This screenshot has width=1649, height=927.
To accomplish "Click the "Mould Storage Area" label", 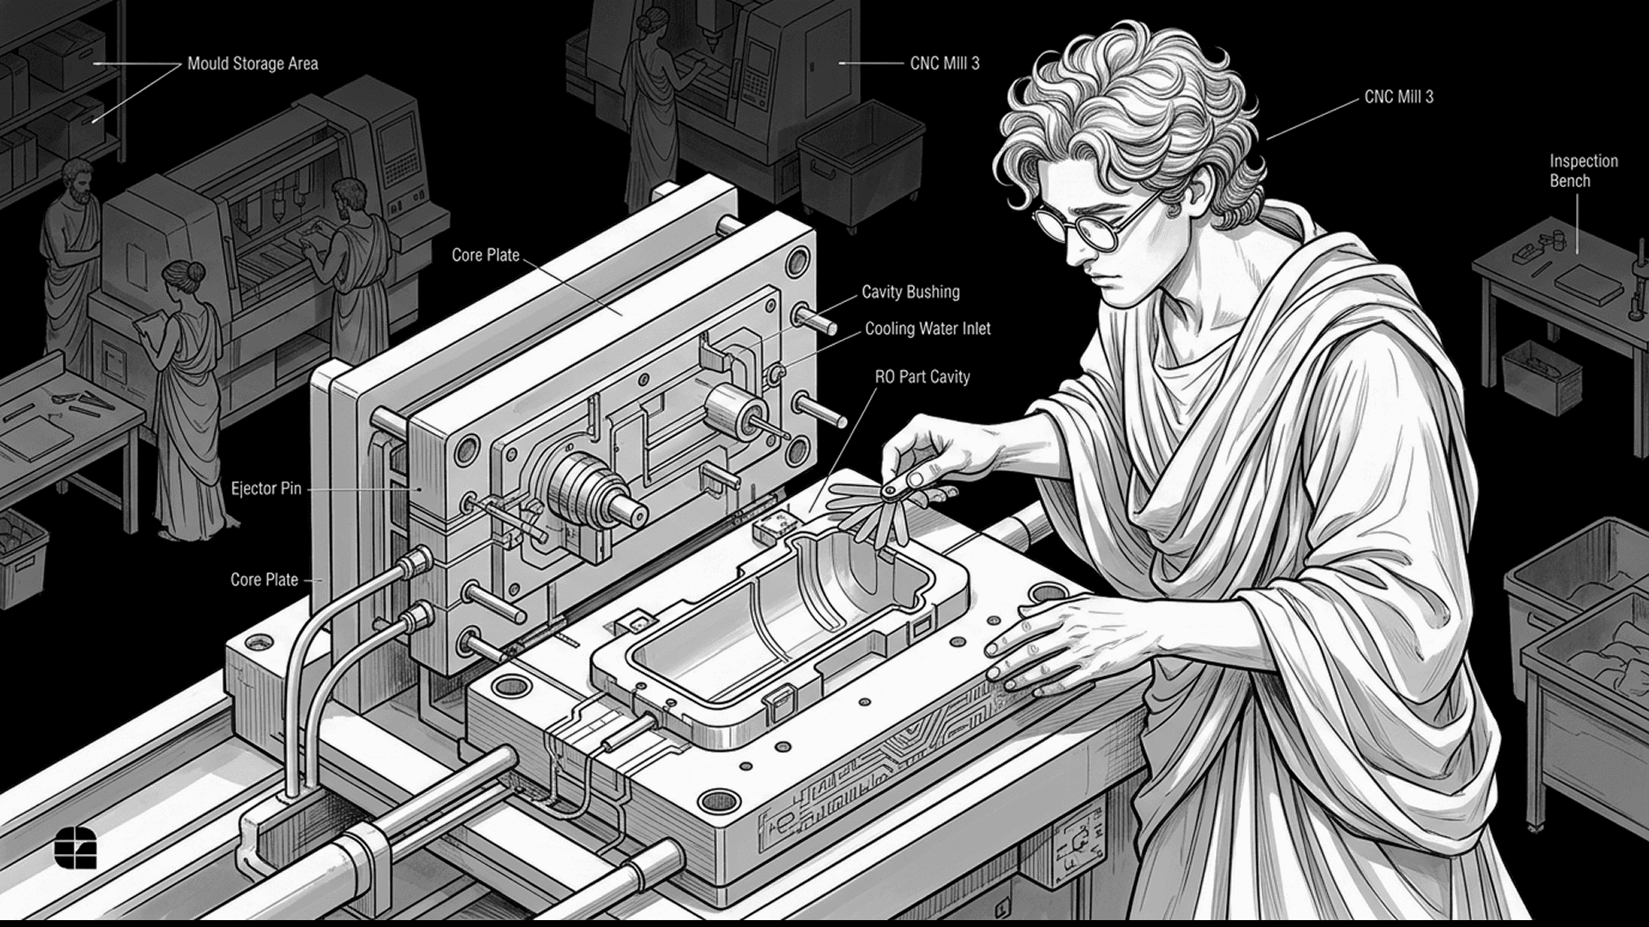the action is tap(253, 64).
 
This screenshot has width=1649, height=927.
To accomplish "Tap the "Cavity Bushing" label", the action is tap(910, 292).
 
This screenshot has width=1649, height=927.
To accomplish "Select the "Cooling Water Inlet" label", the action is tap(928, 329).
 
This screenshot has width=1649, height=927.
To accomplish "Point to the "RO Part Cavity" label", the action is tap(922, 377).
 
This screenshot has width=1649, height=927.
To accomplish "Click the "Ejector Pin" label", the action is tap(266, 488).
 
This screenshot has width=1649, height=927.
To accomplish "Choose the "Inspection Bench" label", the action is tap(1583, 171).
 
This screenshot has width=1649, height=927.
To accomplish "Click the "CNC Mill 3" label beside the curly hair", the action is tap(1399, 97).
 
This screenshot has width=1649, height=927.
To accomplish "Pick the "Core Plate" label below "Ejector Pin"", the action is tap(265, 580).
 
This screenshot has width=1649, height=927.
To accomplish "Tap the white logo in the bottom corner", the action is tap(76, 849).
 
